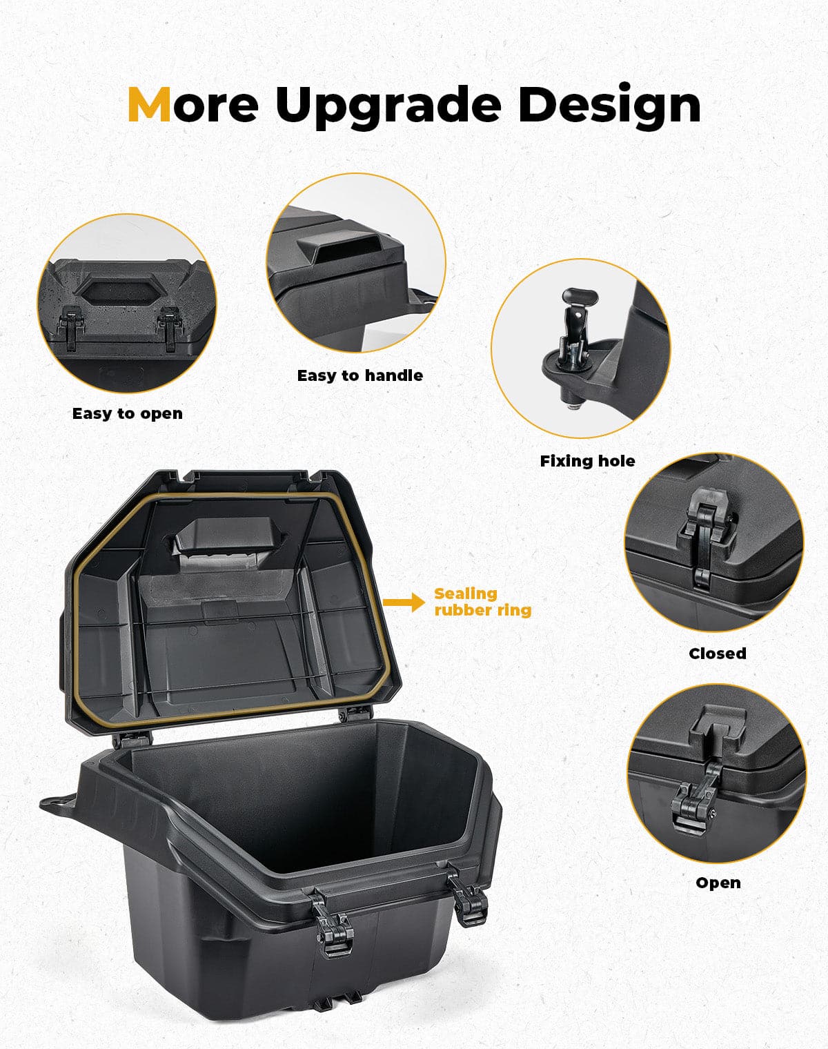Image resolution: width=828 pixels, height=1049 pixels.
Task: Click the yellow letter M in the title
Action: coord(149,105)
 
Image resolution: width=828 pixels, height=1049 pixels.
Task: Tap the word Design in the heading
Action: coord(609,105)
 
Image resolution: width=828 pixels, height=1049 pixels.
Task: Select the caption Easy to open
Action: coord(128,413)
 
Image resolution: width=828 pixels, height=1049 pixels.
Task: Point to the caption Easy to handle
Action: coord(359,375)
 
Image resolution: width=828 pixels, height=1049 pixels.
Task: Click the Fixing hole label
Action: coord(587,461)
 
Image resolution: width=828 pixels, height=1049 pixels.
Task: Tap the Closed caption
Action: coord(718,653)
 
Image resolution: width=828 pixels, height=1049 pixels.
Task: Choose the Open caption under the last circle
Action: coord(718,883)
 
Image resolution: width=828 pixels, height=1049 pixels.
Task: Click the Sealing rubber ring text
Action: coord(482,602)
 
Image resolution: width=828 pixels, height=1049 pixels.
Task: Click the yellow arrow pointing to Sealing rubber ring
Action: coord(404,602)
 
